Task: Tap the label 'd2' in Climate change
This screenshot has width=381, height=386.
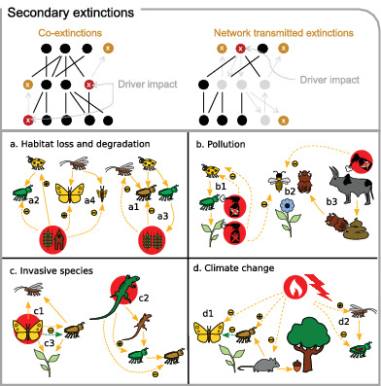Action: (341, 322)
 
